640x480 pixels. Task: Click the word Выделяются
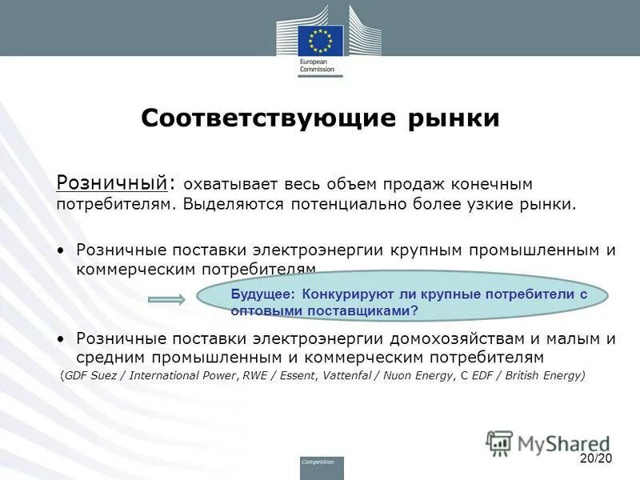pyautogui.click(x=233, y=204)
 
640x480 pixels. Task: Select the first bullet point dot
pyautogui.click(x=63, y=250)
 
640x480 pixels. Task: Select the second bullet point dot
pyautogui.click(x=63, y=339)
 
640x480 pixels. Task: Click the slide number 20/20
pyautogui.click(x=594, y=458)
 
